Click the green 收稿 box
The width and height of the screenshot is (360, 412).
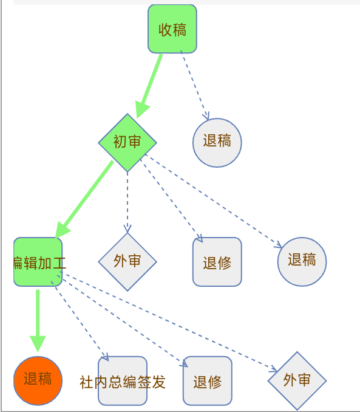coord(172,29)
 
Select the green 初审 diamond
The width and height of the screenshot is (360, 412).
coord(127,143)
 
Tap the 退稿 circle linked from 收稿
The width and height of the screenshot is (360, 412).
coord(217,143)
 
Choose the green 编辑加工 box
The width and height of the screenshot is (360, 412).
coord(38,262)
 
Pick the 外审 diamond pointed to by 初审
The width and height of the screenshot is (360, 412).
coord(127,262)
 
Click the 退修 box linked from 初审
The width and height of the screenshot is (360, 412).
coord(217,262)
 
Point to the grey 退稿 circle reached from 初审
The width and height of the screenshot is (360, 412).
coord(302,262)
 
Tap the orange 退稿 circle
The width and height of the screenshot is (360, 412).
coord(38,381)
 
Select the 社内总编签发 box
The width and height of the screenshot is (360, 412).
coord(123,381)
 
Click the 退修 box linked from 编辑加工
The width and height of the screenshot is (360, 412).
coord(208,381)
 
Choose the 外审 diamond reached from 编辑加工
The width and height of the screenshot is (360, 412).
coord(297,381)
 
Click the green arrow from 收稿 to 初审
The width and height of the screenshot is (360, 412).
coord(149,86)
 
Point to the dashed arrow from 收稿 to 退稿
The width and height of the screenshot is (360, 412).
coord(195,85)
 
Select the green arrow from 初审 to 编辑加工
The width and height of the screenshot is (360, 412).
coord(84,199)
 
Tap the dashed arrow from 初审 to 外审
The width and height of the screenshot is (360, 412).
coord(127,202)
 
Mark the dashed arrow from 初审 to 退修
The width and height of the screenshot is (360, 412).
coord(171,201)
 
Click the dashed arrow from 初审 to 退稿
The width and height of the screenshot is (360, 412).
coord(214,201)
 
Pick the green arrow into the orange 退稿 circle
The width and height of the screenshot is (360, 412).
coord(38,321)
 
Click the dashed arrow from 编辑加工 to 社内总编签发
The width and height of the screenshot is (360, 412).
coord(80,321)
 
